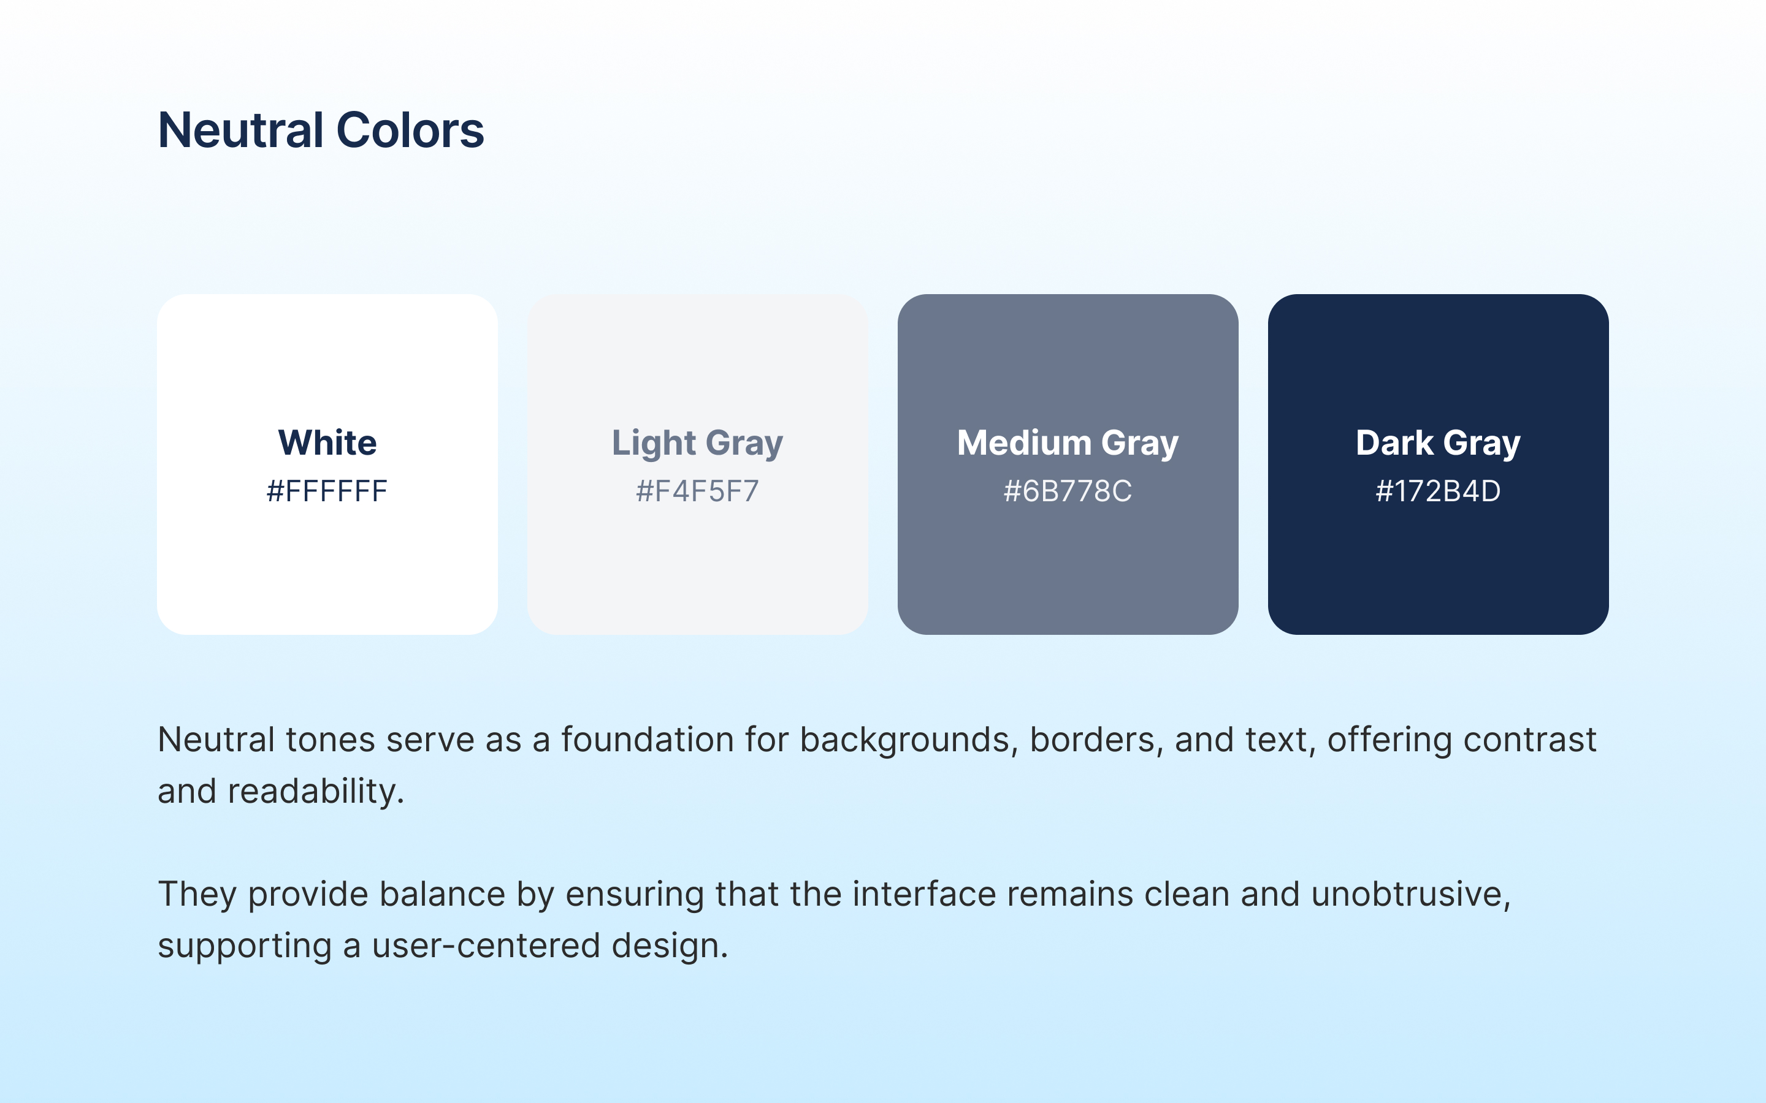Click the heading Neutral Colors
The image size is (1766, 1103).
tap(321, 130)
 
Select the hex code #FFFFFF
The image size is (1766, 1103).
tap(327, 491)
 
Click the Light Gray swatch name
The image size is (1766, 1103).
tap(698, 444)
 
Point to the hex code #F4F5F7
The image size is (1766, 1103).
tap(698, 491)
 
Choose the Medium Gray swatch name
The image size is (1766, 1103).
tap(1068, 444)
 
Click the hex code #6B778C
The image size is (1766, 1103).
tap(1068, 491)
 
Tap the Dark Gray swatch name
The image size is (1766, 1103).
tap(1439, 444)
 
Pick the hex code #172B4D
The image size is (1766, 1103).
tap(1439, 491)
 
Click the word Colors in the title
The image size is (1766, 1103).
tap(410, 130)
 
